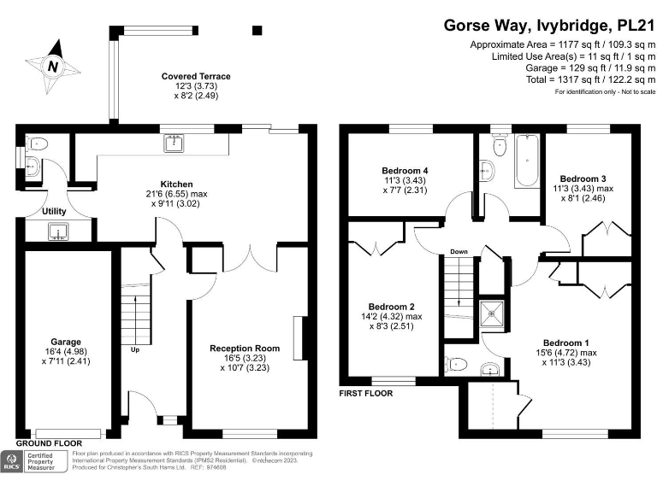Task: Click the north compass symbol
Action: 53,67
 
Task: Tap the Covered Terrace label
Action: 196,77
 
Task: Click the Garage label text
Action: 66,340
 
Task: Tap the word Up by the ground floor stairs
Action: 134,349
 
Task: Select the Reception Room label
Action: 245,348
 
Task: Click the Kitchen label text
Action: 177,184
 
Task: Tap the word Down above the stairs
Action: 459,252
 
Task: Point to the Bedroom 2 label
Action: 391,307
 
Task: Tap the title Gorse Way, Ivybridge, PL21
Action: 548,25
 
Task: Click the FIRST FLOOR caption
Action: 367,394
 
